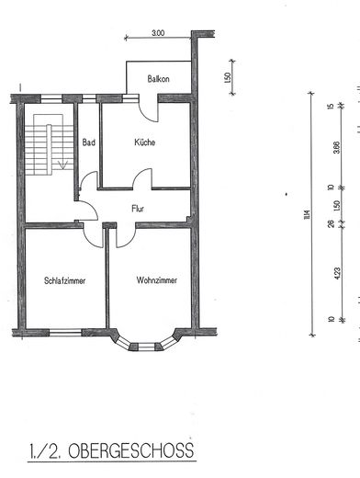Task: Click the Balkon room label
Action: coord(159,80)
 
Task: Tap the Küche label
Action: coord(144,142)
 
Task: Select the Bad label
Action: coord(89,142)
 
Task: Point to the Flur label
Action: coord(140,208)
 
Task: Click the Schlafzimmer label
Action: coord(64,280)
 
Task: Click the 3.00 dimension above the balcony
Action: coord(158,33)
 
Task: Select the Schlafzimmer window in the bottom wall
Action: coord(66,333)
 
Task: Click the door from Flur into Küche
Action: coord(142,179)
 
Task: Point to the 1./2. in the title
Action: coord(44,450)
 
